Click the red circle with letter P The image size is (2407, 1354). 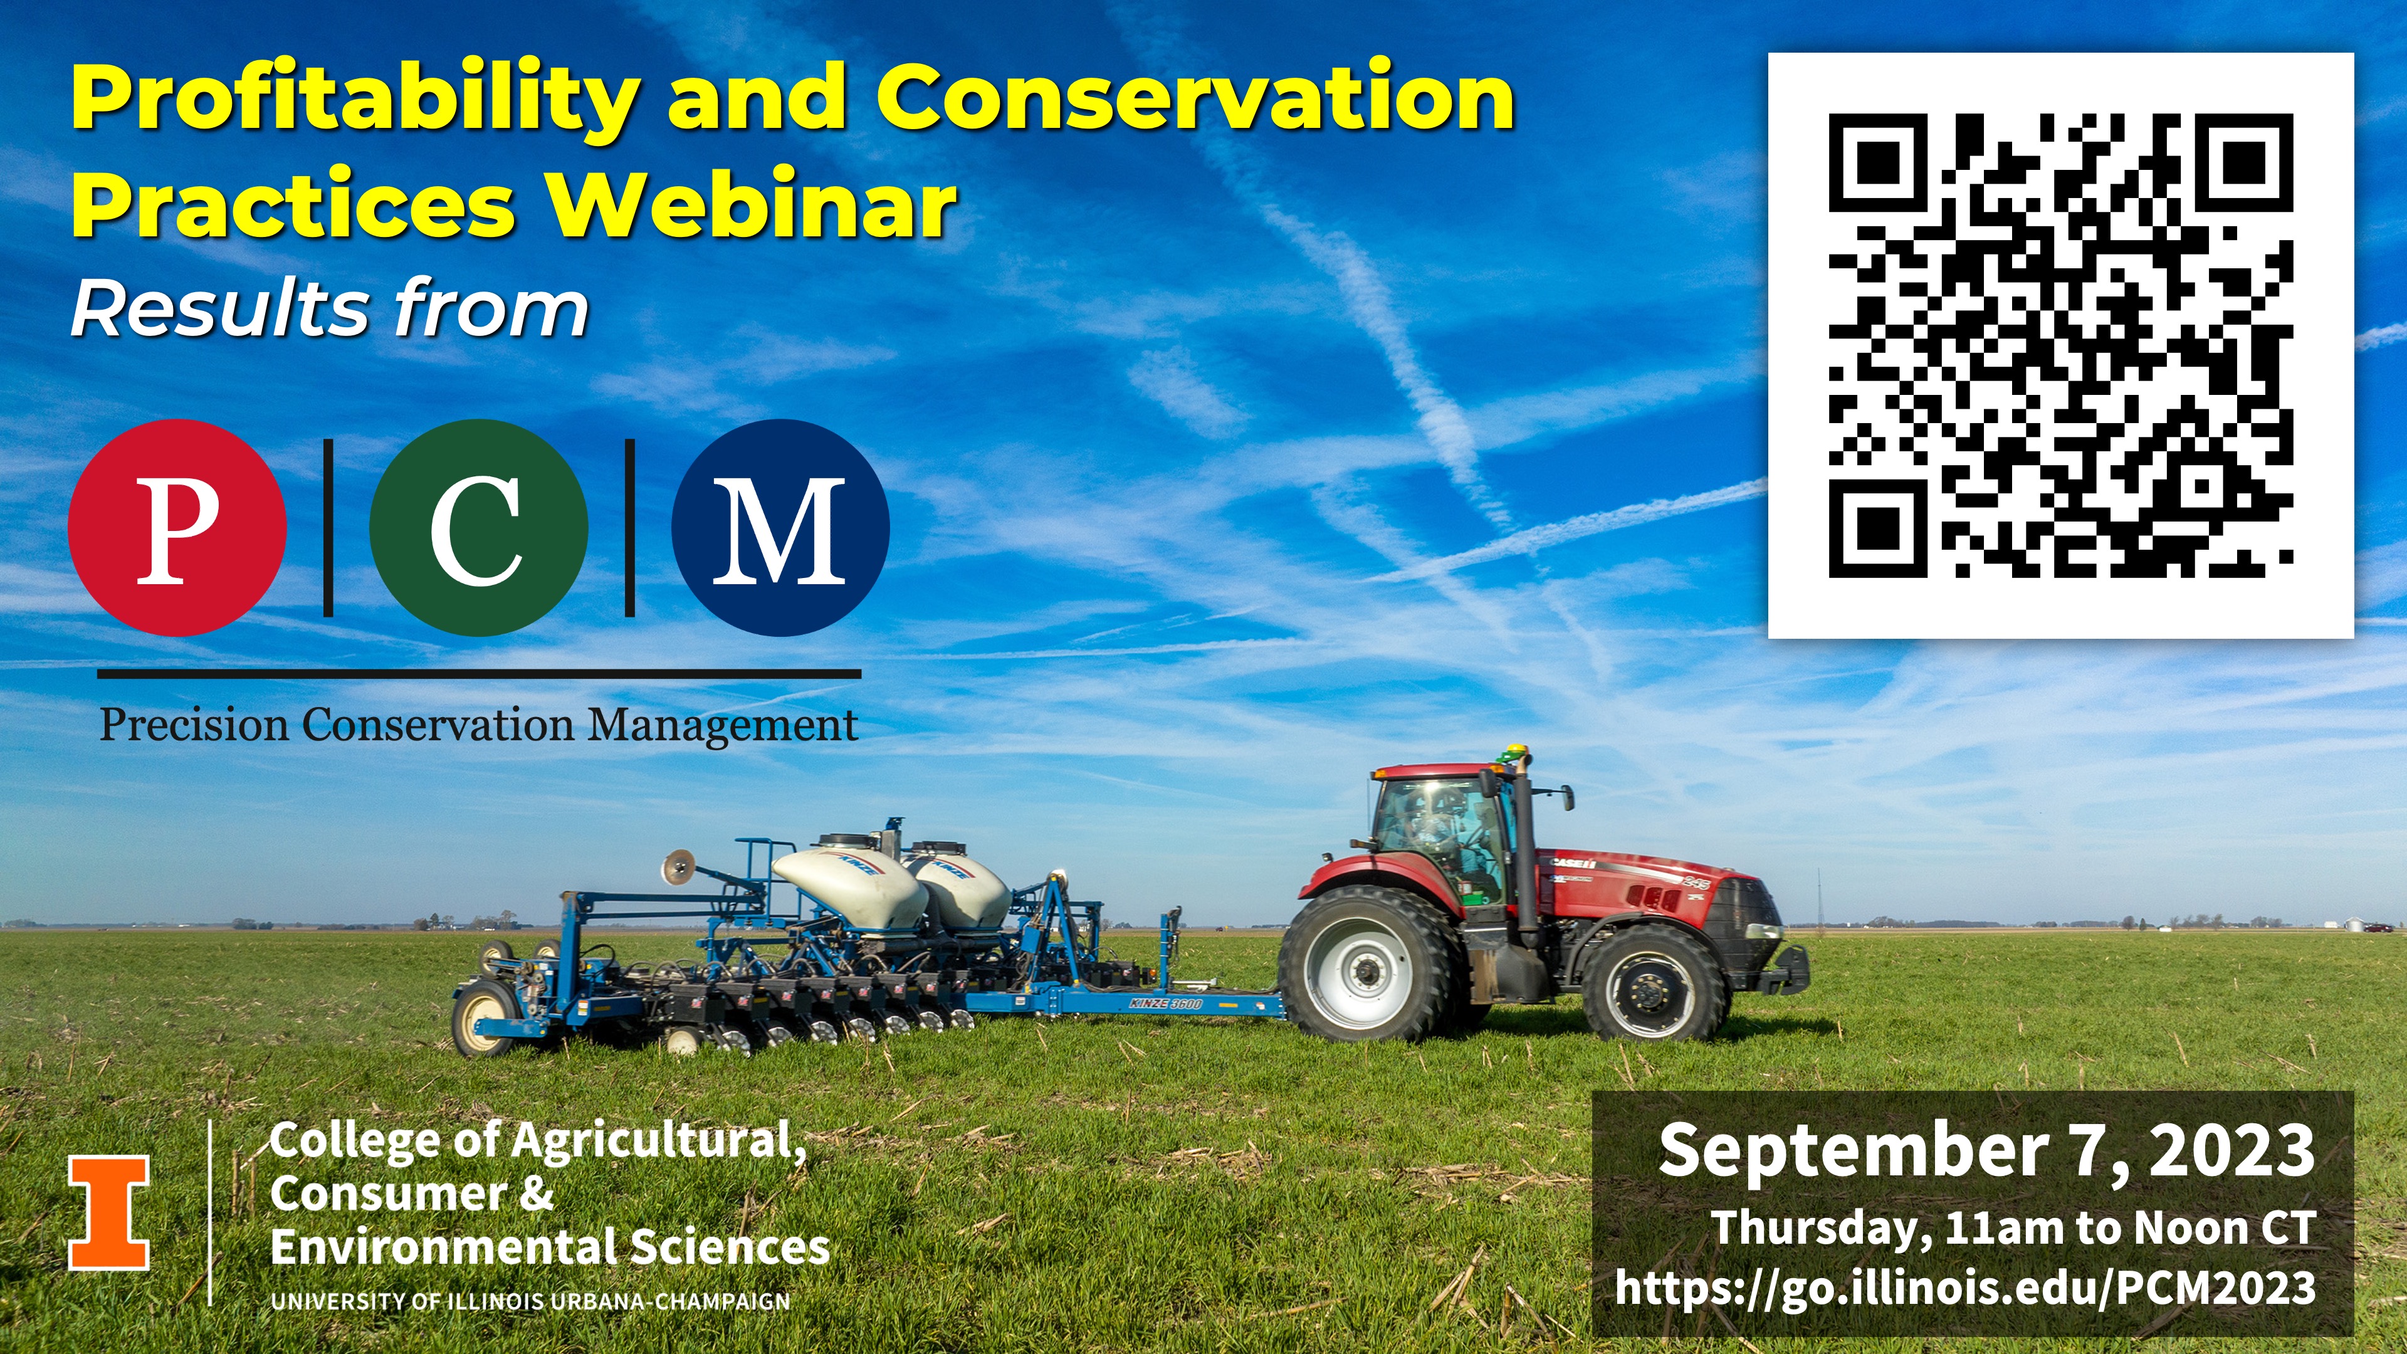coord(177,528)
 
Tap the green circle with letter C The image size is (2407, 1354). coord(478,528)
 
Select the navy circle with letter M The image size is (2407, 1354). coord(780,528)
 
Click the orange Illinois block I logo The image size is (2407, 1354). coord(108,1212)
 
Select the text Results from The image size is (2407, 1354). coord(330,308)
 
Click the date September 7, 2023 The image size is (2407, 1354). coord(1986,1152)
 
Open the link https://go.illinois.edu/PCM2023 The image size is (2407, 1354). coord(1965,1288)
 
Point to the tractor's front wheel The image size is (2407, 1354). coord(1652,984)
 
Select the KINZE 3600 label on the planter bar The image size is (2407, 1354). coord(1166,1004)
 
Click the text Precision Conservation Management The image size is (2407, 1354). coord(478,726)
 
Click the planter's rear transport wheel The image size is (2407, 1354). coord(484,1017)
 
